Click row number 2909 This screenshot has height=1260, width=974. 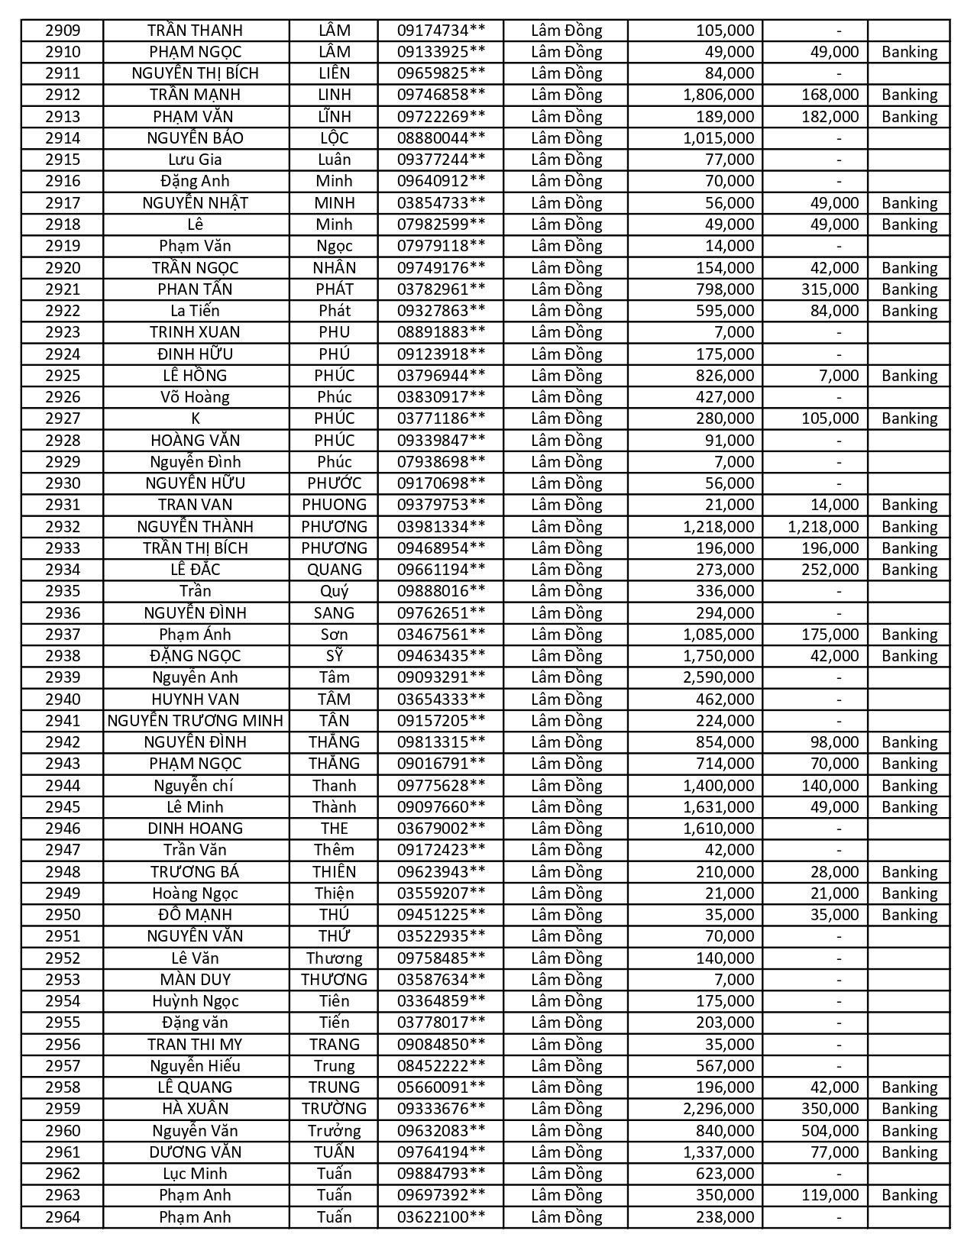(x=63, y=31)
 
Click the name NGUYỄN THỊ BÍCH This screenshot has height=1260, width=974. (x=196, y=73)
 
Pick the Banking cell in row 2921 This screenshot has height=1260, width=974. (x=909, y=289)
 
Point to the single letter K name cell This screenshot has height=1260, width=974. (x=196, y=418)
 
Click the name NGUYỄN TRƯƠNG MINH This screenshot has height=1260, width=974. (x=196, y=721)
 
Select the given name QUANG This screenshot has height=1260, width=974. (x=334, y=570)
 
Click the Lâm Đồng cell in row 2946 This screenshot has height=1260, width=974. (x=566, y=829)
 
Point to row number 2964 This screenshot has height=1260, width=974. (x=63, y=1217)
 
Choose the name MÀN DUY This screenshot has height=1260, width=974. (x=196, y=980)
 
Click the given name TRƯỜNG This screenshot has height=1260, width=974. (x=334, y=1109)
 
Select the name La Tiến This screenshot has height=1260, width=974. (x=196, y=311)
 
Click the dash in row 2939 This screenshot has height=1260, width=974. (x=839, y=677)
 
